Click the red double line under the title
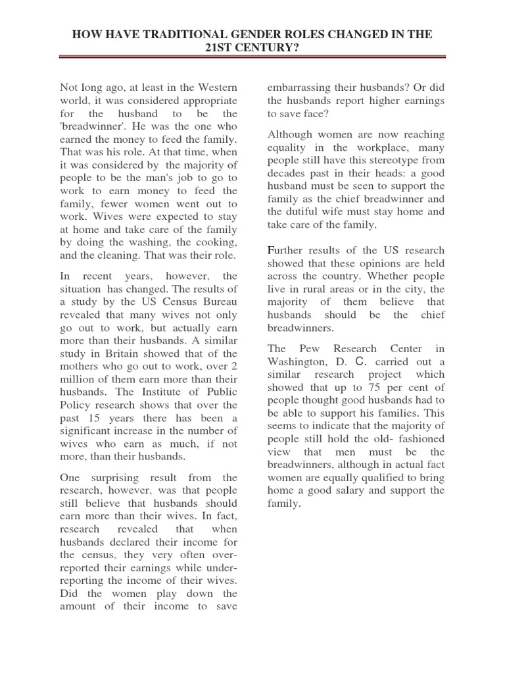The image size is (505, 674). [252, 57]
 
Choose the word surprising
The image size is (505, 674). [118, 477]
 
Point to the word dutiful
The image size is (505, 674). [305, 211]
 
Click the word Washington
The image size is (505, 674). [294, 361]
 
